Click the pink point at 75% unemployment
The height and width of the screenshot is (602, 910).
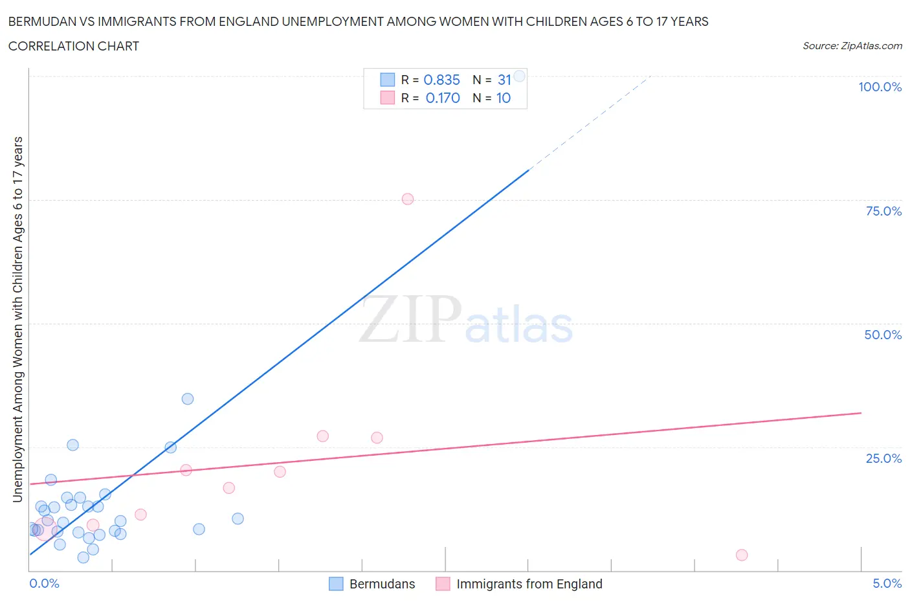click(407, 199)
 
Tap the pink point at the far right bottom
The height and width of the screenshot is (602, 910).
click(742, 555)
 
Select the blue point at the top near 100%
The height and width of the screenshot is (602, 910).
click(519, 76)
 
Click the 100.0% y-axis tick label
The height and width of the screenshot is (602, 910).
click(880, 87)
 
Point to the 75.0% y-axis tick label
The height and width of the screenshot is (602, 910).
click(883, 211)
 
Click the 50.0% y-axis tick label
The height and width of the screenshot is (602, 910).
click(883, 335)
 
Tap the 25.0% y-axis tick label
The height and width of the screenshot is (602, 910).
click(883, 458)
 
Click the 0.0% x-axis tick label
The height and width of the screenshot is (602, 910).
click(44, 583)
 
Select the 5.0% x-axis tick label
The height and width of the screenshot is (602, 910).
click(887, 583)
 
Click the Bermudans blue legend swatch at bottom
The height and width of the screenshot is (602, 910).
click(336, 584)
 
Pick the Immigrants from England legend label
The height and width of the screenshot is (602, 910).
click(529, 584)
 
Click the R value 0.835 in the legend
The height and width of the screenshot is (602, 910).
click(441, 80)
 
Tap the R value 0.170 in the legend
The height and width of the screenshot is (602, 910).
click(443, 98)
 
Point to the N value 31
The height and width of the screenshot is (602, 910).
click(504, 80)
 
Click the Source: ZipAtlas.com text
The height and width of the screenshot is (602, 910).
click(852, 45)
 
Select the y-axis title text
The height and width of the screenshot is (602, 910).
click(17, 319)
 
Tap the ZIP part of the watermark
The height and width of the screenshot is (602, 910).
click(410, 319)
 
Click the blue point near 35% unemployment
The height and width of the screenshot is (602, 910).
click(188, 399)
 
